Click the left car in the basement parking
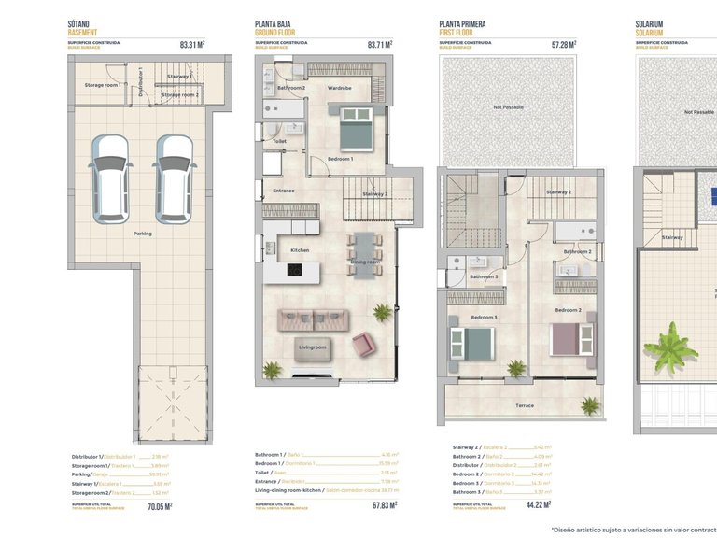111,174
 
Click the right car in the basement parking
173,174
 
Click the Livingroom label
312,347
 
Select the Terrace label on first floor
525,405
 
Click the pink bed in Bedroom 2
571,335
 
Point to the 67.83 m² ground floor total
382,505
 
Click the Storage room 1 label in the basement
101,85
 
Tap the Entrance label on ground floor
284,191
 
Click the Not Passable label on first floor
509,107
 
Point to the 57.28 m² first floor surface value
563,43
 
